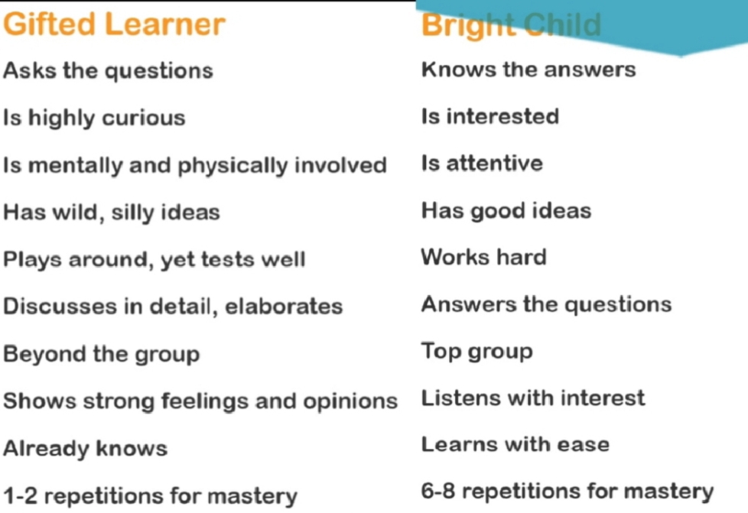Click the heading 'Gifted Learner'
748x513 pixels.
[114, 24]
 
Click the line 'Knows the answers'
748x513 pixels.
[528, 70]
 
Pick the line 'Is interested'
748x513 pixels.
[490, 116]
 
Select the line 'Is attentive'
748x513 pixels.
[482, 163]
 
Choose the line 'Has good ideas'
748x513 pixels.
[506, 211]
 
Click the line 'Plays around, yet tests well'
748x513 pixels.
[154, 260]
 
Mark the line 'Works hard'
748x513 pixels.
[483, 258]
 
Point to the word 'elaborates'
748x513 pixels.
[284, 306]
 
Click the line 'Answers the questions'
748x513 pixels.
[546, 304]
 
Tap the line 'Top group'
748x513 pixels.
[477, 352]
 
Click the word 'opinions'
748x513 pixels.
[350, 401]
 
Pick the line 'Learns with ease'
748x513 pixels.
[515, 445]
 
